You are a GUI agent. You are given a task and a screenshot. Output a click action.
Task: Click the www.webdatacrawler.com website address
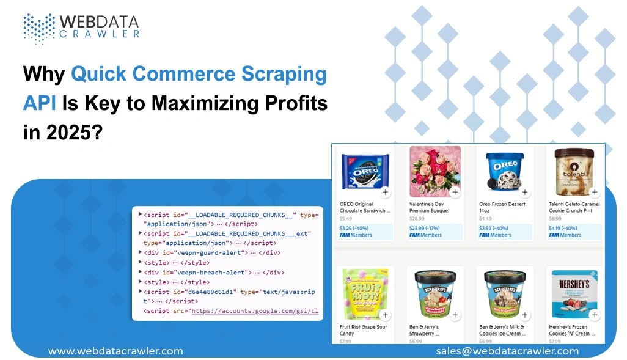(116, 351)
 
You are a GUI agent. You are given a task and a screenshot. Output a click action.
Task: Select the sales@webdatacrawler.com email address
(507, 351)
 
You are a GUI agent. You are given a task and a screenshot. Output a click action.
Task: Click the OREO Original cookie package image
(365, 169)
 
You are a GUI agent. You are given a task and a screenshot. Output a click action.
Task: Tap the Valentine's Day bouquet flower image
(435, 170)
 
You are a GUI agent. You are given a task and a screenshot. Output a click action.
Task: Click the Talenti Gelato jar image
(574, 169)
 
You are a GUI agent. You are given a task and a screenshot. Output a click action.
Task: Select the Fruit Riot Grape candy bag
(365, 293)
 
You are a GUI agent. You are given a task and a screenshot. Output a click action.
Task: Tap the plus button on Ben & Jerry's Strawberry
(455, 315)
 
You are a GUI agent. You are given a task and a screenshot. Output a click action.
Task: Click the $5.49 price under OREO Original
(346, 219)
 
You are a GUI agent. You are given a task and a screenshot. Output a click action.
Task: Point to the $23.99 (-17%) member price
(425, 229)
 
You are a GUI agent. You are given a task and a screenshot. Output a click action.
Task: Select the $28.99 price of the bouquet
(417, 219)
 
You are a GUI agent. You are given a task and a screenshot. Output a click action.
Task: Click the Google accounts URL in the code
(254, 311)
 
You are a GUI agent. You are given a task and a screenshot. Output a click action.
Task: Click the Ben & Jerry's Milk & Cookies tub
(505, 293)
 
